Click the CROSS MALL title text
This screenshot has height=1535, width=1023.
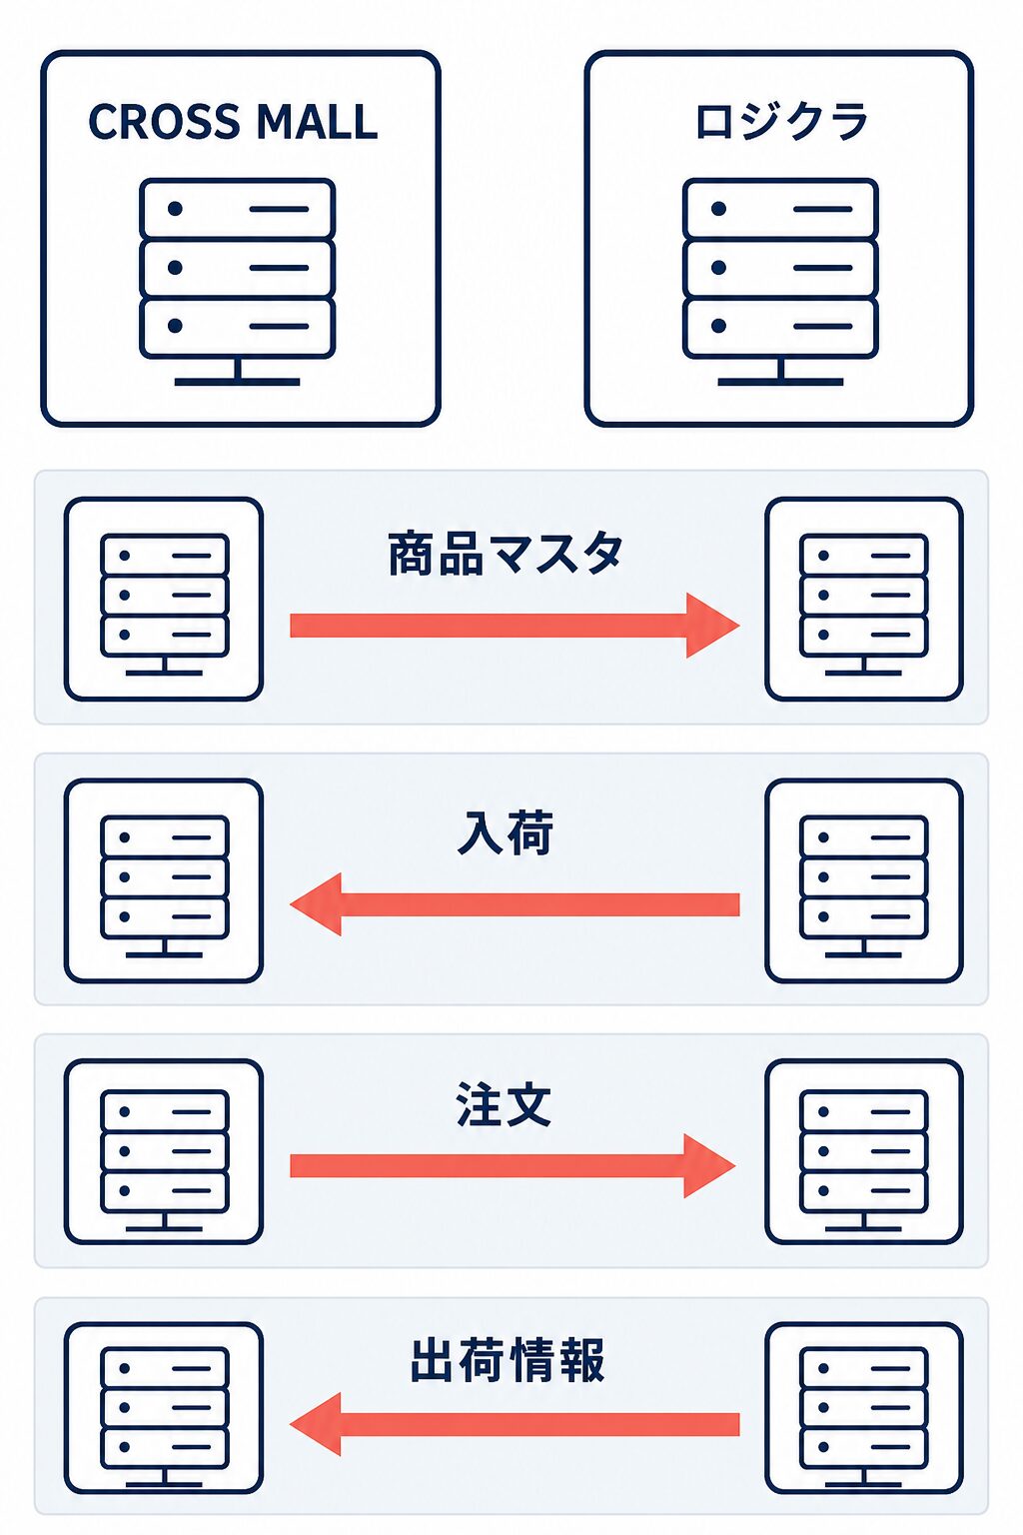(233, 122)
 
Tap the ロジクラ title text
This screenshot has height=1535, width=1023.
(781, 122)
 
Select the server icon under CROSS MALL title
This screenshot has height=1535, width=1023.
(237, 282)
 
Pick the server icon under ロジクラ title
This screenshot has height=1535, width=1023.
(780, 282)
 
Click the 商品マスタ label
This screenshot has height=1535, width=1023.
(506, 553)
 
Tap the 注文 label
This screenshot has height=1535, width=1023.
(505, 1104)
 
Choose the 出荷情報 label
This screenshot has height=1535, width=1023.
(508, 1359)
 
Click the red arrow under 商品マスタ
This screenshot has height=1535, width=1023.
(514, 626)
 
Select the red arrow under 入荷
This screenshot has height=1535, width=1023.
(514, 904)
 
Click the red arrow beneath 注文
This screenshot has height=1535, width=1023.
(512, 1165)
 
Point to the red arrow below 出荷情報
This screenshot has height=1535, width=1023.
(514, 1424)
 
